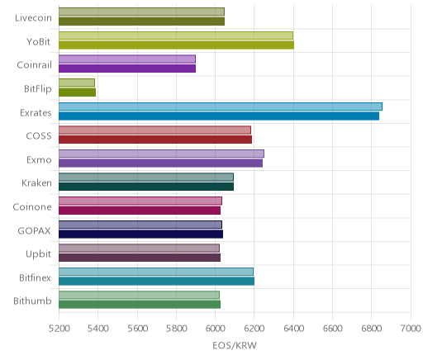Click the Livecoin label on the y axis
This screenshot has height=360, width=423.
coord(33,18)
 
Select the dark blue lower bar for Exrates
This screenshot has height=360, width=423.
coord(219,116)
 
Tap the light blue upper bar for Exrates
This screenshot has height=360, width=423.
coord(221,107)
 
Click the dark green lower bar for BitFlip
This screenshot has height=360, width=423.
coord(77,92)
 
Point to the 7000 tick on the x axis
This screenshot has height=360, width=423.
coord(411,329)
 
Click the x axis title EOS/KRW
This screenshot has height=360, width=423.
coord(235,346)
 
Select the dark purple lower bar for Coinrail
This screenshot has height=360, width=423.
coord(127,69)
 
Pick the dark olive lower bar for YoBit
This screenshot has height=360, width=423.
coord(176,45)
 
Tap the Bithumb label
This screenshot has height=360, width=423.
coord(32,301)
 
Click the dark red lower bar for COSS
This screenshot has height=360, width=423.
coord(155,140)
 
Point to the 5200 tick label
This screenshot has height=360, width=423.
coord(59,329)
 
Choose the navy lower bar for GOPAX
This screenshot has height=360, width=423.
coord(140,234)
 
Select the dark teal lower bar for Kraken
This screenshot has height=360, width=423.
coord(146,187)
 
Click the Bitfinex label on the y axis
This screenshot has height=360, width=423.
coord(35,277)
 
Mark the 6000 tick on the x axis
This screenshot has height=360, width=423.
coord(215,329)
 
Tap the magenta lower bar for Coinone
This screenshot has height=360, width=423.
coord(140,211)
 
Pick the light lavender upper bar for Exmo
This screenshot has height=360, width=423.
coord(161,154)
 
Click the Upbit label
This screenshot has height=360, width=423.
coord(38,254)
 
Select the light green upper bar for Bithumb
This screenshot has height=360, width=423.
coord(139,295)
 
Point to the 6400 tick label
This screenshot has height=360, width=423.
coord(293,329)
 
